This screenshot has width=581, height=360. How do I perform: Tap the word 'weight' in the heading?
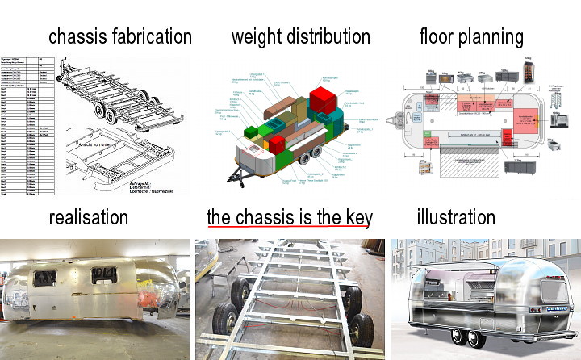[257, 36]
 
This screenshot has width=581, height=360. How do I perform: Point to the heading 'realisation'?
[88, 217]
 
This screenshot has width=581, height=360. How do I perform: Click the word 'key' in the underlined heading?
[355, 217]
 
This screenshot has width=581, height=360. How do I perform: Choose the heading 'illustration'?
[456, 217]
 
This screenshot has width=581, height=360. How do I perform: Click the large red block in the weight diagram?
[322, 101]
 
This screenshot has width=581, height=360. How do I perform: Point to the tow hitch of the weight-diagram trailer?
[234, 179]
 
